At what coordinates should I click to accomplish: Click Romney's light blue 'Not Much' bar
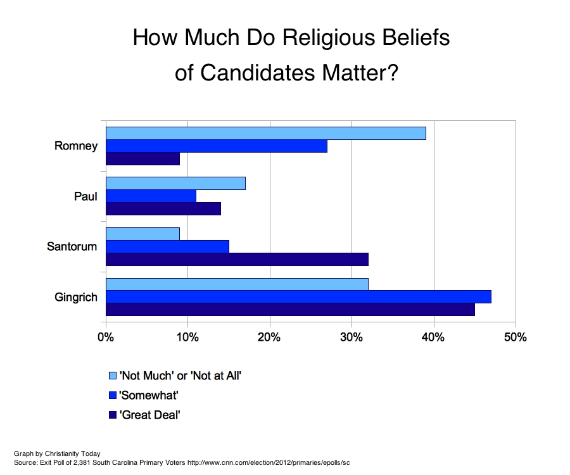[x=265, y=134]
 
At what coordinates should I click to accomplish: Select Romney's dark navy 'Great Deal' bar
[x=142, y=159]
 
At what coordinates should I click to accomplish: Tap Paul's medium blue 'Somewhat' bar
[x=151, y=196]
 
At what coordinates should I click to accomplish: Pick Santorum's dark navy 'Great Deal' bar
[x=237, y=259]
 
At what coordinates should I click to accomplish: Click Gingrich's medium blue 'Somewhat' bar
[x=298, y=296]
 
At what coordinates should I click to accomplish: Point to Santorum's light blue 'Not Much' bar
[x=142, y=234]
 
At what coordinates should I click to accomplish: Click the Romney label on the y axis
[x=76, y=146]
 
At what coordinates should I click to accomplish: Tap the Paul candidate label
[x=85, y=196]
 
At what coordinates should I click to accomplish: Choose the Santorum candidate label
[x=72, y=246]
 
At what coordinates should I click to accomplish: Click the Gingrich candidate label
[x=75, y=296]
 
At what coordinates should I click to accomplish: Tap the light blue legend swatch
[x=113, y=376]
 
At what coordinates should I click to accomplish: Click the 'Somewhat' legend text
[x=149, y=395]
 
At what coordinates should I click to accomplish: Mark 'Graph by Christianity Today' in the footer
[x=57, y=453]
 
